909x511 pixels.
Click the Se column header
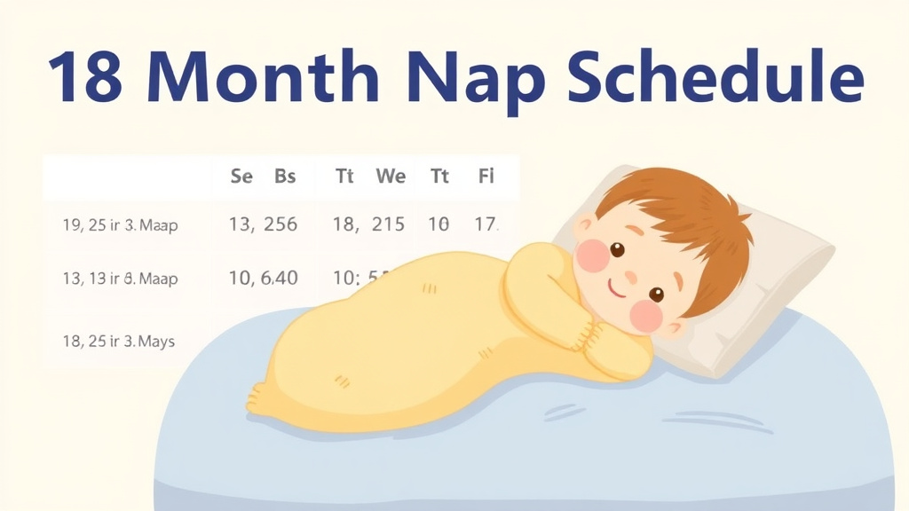[241, 177]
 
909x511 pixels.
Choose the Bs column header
[285, 177]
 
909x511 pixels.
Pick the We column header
[391, 177]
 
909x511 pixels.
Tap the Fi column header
[486, 177]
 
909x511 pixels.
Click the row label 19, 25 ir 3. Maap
[120, 225]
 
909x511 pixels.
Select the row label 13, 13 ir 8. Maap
[120, 279]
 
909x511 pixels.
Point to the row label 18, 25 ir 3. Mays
[118, 341]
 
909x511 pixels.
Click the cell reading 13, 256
[263, 225]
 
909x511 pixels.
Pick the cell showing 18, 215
[368, 225]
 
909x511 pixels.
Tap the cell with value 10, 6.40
[263, 279]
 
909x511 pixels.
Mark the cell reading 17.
[486, 225]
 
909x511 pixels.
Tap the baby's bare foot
[259, 398]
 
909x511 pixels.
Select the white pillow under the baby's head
[763, 293]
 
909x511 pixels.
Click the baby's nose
[631, 271]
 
